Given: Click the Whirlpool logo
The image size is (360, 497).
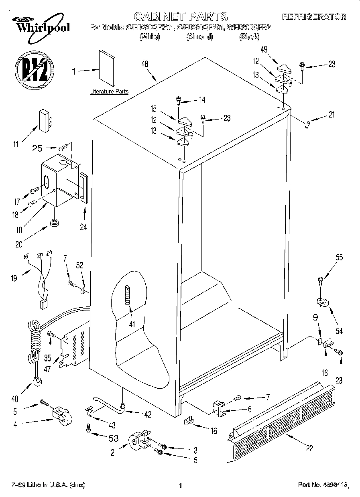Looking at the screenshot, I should coord(40,24).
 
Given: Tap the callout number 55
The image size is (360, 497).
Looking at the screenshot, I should coord(339,258).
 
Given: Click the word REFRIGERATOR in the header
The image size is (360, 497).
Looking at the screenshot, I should coord(314,17).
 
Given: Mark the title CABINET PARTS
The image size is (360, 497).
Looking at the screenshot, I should coord(180,16).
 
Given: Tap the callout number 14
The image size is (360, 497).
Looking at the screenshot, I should coord(202,100).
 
